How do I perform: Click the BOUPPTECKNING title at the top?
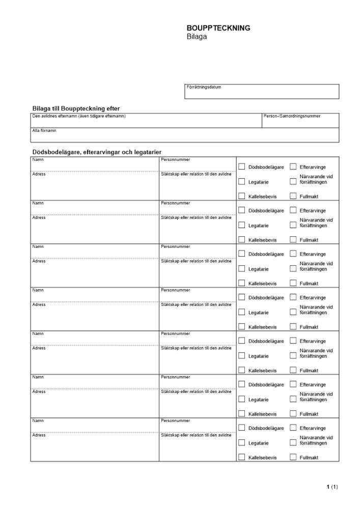pyautogui.click(x=218, y=29)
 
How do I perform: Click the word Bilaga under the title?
pyautogui.click(x=197, y=37)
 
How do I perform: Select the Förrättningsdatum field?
pyautogui.click(x=262, y=92)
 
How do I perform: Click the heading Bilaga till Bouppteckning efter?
pyautogui.click(x=76, y=108)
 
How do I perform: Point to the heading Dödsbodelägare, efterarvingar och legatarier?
pyautogui.click(x=97, y=152)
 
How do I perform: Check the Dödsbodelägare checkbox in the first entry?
pyautogui.click(x=242, y=166)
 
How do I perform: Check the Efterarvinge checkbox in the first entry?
pyautogui.click(x=293, y=166)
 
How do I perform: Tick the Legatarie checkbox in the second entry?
pyautogui.click(x=242, y=225)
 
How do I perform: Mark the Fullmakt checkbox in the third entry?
pyautogui.click(x=293, y=283)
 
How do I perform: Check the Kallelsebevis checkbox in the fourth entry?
pyautogui.click(x=242, y=327)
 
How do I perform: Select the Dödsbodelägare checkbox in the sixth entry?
pyautogui.click(x=242, y=384)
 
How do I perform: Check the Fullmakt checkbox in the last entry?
pyautogui.click(x=293, y=457)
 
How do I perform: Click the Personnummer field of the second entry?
pyautogui.click(x=197, y=208)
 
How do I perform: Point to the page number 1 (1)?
pyautogui.click(x=332, y=487)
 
